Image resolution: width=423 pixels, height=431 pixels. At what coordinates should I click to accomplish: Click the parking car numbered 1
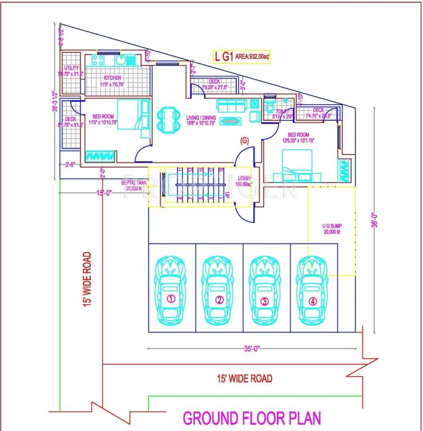click(x=171, y=291)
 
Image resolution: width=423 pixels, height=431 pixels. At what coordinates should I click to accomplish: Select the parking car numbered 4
click(x=313, y=291)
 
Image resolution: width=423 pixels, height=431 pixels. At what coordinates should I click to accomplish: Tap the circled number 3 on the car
click(x=265, y=301)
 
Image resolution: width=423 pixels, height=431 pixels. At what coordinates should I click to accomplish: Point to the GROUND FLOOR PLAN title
click(x=252, y=419)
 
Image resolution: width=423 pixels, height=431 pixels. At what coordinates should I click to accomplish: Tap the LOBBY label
click(x=244, y=181)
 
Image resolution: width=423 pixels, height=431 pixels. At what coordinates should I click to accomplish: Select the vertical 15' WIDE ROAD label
click(x=88, y=279)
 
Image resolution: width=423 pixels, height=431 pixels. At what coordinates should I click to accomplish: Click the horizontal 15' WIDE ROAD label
click(x=243, y=378)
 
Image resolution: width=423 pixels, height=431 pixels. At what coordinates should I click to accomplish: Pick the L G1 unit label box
click(x=241, y=57)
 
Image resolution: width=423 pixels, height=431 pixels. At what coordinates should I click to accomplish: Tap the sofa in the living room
click(x=231, y=105)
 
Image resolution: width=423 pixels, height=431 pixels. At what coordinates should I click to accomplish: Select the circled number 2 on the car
click(x=219, y=300)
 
